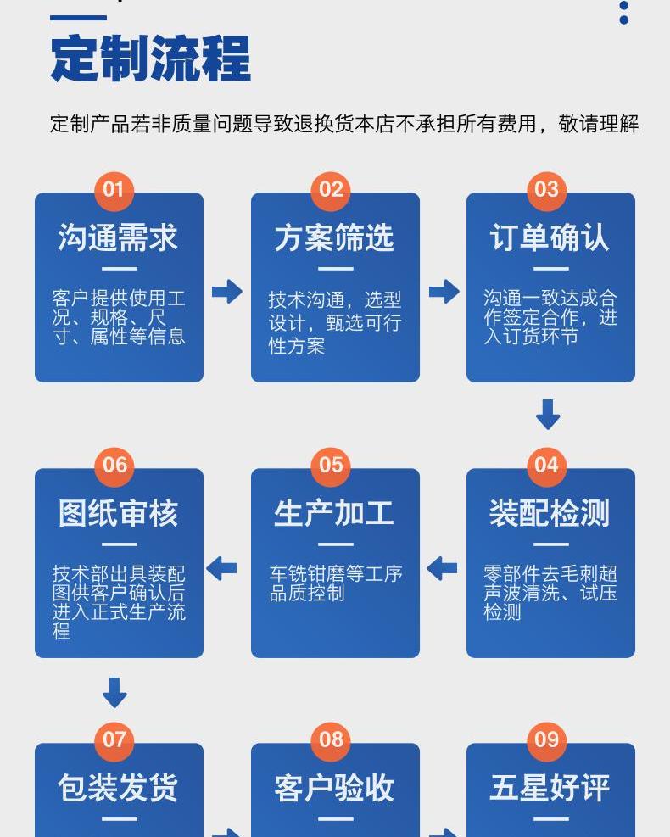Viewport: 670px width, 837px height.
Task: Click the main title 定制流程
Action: click(150, 59)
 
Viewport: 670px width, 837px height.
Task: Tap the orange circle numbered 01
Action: click(114, 189)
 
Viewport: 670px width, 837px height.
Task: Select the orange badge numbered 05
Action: click(331, 465)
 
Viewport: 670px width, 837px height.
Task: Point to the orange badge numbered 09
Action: click(547, 739)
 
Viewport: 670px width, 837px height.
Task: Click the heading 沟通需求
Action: click(119, 238)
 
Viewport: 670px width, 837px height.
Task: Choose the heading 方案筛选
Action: click(334, 238)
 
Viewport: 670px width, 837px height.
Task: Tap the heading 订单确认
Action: click(550, 238)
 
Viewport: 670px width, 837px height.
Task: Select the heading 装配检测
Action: click(550, 513)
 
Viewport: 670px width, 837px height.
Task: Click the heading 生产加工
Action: click(334, 513)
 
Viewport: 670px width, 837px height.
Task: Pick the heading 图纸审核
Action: click(119, 513)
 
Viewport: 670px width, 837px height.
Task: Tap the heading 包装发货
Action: click(119, 788)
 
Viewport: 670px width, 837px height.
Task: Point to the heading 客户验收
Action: click(334, 788)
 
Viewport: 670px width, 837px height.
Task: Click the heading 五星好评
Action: click(550, 788)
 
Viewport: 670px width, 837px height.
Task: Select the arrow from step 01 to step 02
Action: click(227, 292)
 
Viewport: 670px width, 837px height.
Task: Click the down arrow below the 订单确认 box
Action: click(548, 415)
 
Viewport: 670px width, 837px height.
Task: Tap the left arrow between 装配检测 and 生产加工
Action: click(442, 568)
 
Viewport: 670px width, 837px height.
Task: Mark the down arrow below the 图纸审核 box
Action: click(114, 692)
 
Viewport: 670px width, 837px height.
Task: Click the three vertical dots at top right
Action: click(624, 12)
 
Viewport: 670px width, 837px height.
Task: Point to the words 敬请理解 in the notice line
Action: click(599, 124)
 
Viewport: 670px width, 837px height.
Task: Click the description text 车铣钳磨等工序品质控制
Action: click(334, 583)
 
